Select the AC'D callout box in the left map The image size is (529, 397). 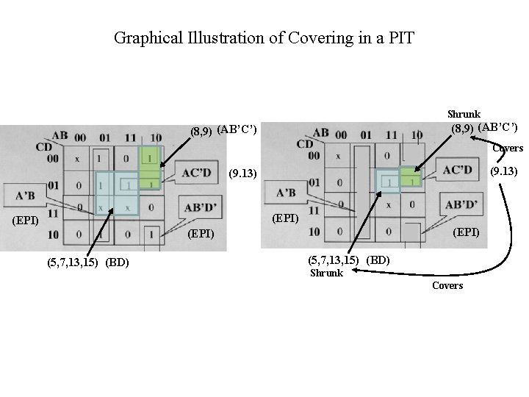(x=197, y=174)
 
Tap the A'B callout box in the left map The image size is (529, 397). (x=25, y=196)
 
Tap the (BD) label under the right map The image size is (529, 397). (x=378, y=260)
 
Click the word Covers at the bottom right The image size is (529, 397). (x=447, y=285)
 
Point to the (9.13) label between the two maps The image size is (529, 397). (x=242, y=174)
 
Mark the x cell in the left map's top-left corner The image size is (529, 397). (x=77, y=159)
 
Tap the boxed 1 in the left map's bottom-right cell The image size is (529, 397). (x=150, y=235)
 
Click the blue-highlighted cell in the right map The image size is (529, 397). (x=386, y=181)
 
